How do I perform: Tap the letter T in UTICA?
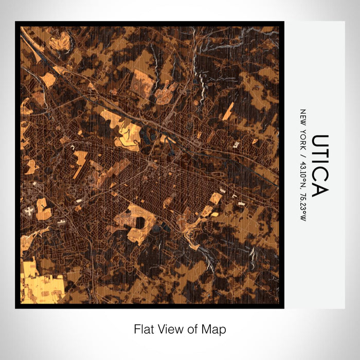click(320, 154)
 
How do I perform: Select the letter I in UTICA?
click(320, 163)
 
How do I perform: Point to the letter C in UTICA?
click(320, 174)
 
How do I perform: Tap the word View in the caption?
click(168, 329)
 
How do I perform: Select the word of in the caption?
click(190, 329)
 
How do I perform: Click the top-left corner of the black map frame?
click(16, 22)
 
